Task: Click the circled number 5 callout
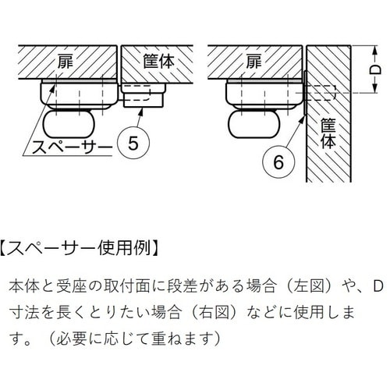point(133,143)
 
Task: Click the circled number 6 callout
point(278,162)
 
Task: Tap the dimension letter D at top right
point(376,69)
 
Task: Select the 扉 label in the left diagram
point(66,62)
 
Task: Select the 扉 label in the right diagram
point(254,62)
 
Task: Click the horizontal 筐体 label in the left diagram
point(159,62)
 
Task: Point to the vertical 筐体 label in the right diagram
point(328,133)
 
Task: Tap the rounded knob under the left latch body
point(69,125)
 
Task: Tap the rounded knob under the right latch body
point(254,124)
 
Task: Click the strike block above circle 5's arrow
point(144,95)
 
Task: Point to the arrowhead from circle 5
point(141,112)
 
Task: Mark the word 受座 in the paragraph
point(72,286)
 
